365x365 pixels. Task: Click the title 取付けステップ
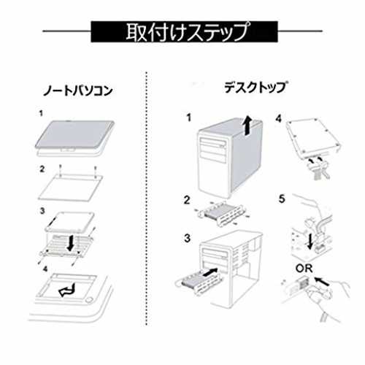(x=188, y=31)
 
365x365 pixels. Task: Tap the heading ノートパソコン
(x=77, y=91)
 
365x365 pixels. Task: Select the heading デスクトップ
(x=255, y=88)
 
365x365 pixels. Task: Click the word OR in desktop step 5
(x=304, y=269)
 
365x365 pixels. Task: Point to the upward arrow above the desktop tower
(x=248, y=125)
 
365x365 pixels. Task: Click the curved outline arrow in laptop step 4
(x=68, y=290)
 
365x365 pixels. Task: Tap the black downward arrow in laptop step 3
(x=71, y=242)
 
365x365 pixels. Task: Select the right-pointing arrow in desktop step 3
(x=210, y=272)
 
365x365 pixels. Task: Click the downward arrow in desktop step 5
(x=310, y=241)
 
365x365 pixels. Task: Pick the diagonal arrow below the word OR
(x=322, y=281)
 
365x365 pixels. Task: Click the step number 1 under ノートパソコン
(x=41, y=113)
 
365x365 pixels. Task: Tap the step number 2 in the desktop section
(x=187, y=200)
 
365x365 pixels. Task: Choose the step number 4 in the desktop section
(x=279, y=119)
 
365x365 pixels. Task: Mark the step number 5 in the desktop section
(x=282, y=199)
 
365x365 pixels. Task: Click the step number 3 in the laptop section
(x=42, y=211)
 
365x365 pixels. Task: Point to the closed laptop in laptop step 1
(x=74, y=137)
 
